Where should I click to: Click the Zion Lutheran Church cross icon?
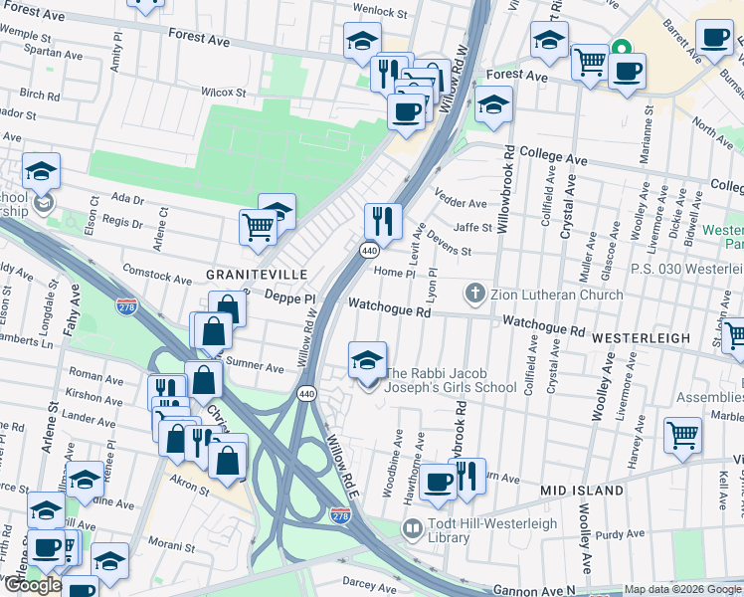475,294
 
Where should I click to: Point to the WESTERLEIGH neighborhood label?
641,338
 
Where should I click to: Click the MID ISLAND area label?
582,491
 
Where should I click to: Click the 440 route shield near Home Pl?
368,249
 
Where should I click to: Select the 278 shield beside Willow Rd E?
339,514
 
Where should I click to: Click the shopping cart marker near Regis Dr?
259,226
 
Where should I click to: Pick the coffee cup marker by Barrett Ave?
714,38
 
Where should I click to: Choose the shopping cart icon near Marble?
682,433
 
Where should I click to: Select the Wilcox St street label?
223,92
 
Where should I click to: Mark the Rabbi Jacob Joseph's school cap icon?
367,359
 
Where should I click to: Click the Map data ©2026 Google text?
682,589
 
